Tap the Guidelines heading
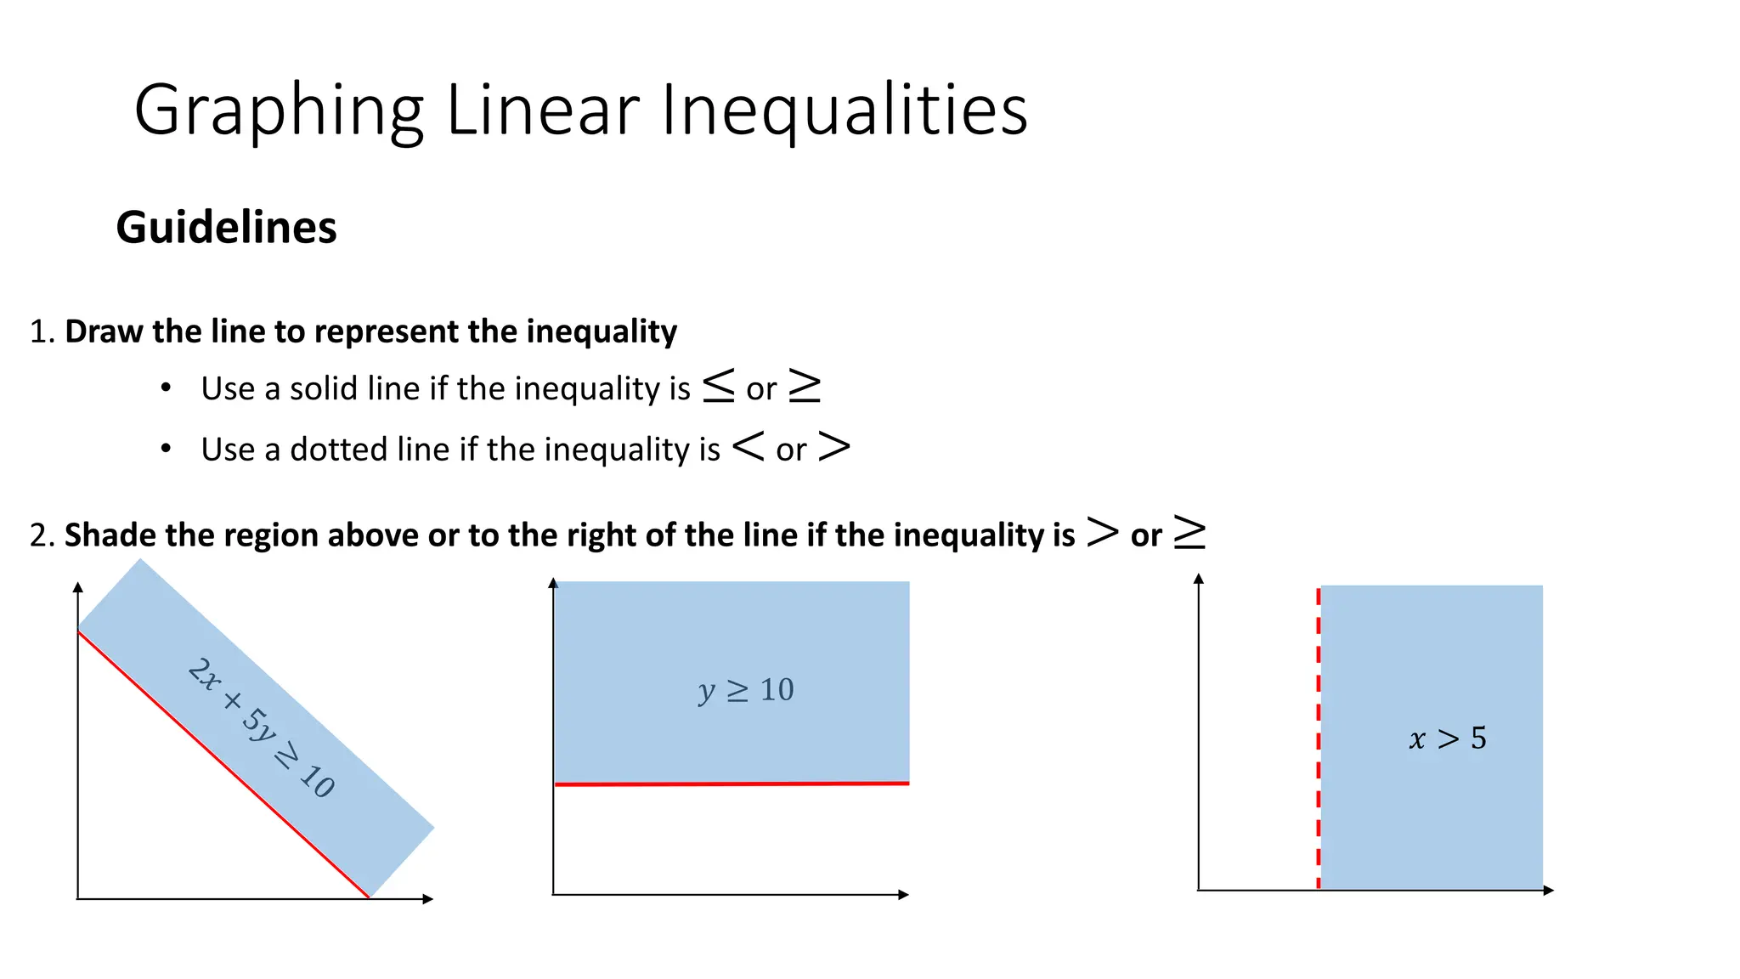[226, 228]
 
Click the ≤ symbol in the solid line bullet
[719, 387]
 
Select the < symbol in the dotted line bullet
[748, 446]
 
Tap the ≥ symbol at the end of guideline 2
[1189, 533]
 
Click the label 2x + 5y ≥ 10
[261, 727]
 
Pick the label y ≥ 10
[746, 690]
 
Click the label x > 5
[1448, 738]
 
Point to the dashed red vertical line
[1319, 739]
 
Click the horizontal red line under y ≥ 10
[731, 784]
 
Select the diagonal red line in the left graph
[223, 764]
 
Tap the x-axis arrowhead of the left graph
[429, 899]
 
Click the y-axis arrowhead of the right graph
[1199, 579]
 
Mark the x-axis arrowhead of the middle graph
[904, 894]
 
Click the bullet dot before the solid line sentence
[167, 388]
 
